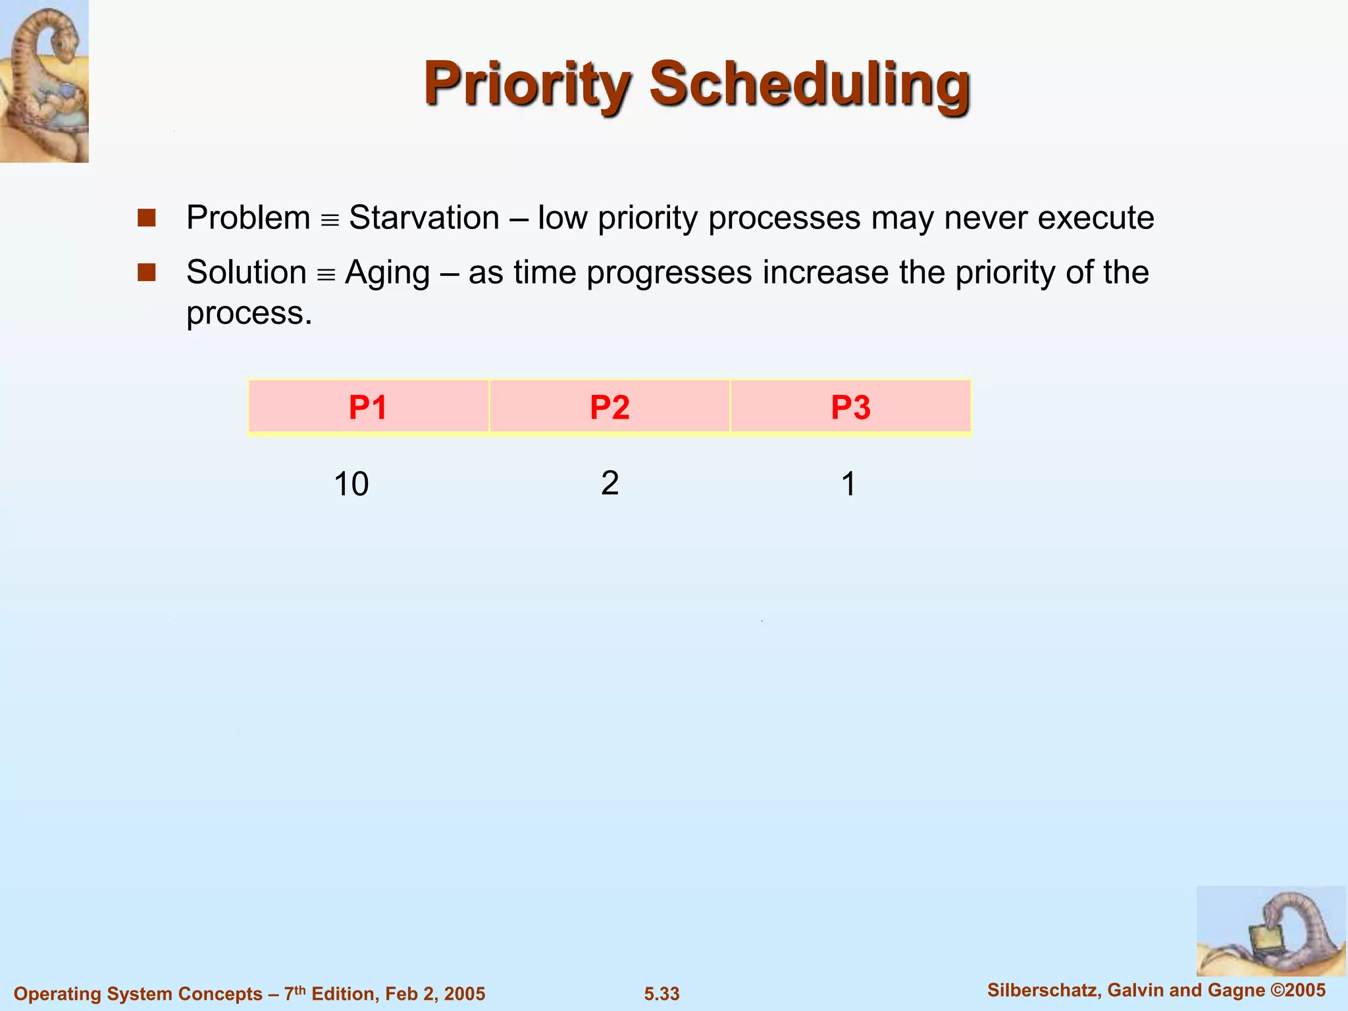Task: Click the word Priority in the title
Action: pyautogui.click(x=527, y=84)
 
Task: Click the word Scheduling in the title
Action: pyautogui.click(x=810, y=84)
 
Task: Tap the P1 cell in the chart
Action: pyautogui.click(x=368, y=407)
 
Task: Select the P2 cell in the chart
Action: pyautogui.click(x=609, y=407)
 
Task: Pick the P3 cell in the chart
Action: pyautogui.click(x=850, y=407)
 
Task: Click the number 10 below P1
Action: pyautogui.click(x=351, y=484)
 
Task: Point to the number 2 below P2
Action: pyautogui.click(x=609, y=483)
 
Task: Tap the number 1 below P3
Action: pyautogui.click(x=848, y=484)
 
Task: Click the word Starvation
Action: pyautogui.click(x=424, y=218)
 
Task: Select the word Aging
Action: pyautogui.click(x=387, y=273)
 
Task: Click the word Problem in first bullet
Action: pyautogui.click(x=248, y=218)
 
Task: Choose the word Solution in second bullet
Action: pyautogui.click(x=246, y=272)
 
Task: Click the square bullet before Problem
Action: pyautogui.click(x=146, y=218)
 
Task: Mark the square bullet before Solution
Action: pyautogui.click(x=146, y=272)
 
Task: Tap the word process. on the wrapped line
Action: pyautogui.click(x=249, y=313)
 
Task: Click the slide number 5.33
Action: pyautogui.click(x=661, y=994)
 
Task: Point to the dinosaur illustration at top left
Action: pyautogui.click(x=44, y=81)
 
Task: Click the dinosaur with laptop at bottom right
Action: pyautogui.click(x=1270, y=931)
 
